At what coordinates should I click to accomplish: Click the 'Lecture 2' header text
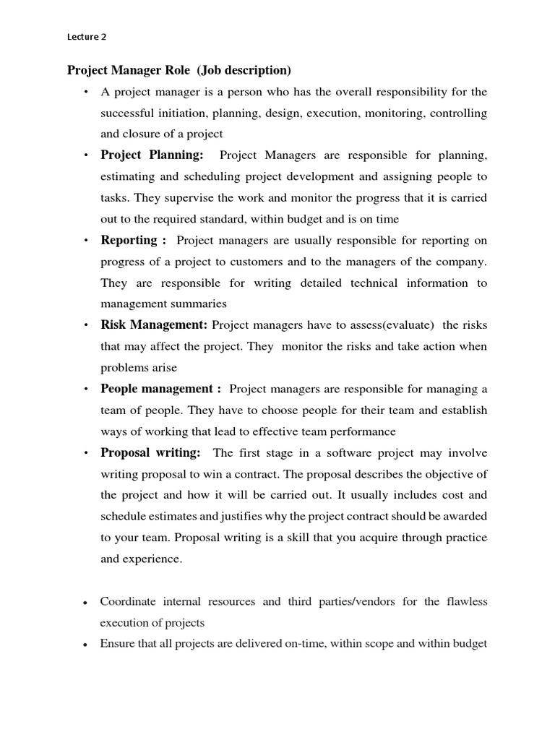point(86,36)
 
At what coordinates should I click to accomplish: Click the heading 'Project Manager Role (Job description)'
point(179,70)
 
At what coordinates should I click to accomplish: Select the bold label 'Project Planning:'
point(152,155)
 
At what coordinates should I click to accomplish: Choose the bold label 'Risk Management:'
point(154,325)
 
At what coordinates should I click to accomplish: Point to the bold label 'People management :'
point(160,389)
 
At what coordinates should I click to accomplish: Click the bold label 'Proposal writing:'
point(150,452)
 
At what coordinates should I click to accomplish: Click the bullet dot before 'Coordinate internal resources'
point(85,603)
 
